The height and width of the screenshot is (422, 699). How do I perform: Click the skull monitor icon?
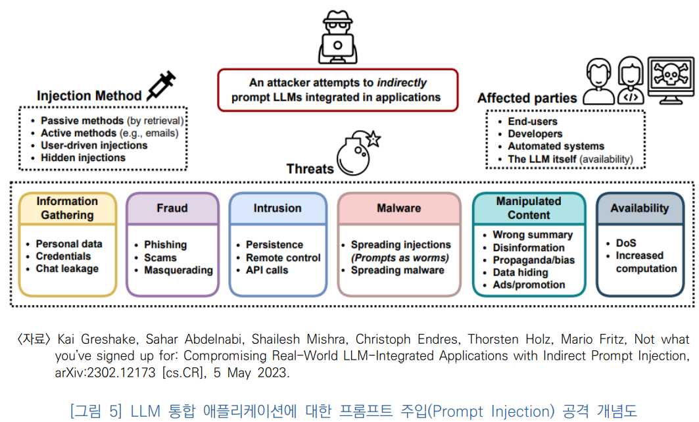click(x=670, y=81)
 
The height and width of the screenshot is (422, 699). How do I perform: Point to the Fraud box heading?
click(x=172, y=208)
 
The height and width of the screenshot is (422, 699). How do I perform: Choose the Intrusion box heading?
click(x=277, y=208)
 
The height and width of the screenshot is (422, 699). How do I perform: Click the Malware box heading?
click(x=398, y=208)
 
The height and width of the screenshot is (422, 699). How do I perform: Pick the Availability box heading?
click(x=639, y=208)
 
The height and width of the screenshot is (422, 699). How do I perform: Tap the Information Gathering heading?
click(x=68, y=208)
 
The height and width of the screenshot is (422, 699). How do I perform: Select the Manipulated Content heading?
click(x=529, y=208)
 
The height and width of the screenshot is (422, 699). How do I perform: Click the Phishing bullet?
click(x=166, y=245)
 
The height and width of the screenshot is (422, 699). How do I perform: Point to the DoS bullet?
click(x=626, y=243)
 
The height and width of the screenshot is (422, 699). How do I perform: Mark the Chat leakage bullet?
click(x=67, y=269)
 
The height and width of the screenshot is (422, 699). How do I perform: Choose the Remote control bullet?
click(x=283, y=258)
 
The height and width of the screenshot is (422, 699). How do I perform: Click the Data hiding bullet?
click(x=520, y=272)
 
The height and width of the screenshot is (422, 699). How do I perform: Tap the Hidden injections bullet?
click(x=83, y=158)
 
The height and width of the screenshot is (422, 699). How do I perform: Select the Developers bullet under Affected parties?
click(x=535, y=134)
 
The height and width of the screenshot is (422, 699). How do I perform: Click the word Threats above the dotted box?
click(x=310, y=169)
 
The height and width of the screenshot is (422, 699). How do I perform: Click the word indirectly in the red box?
click(x=402, y=83)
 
